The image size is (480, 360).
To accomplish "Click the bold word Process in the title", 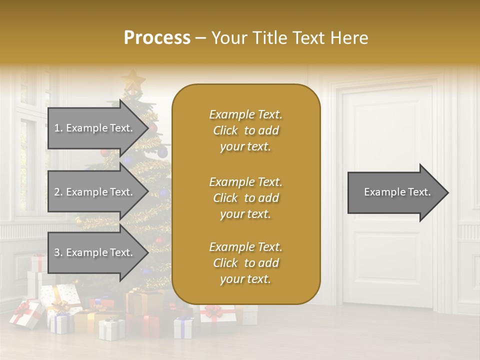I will point(157,38).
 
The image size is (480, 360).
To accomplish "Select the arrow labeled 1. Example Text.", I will point(95,128).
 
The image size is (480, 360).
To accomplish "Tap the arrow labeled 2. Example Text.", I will point(95,192).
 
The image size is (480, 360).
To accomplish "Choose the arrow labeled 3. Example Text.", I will point(95,252).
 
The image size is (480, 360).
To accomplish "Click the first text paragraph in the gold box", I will point(245,130).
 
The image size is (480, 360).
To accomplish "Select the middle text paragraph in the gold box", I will point(245,198).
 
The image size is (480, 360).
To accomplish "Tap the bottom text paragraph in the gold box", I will point(245,263).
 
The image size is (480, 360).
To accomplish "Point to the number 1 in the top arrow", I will point(57,128).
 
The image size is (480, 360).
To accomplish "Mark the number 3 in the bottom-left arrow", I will point(57,253).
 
